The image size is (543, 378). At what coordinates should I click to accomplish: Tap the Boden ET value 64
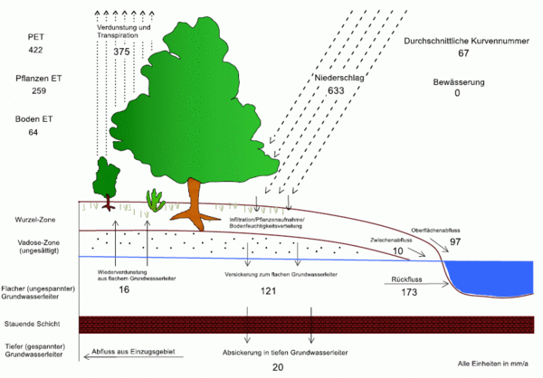[33, 133]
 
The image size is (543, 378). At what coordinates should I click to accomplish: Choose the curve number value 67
[463, 54]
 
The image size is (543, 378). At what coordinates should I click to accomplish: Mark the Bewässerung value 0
[457, 93]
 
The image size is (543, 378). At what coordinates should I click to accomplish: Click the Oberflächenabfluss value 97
[455, 243]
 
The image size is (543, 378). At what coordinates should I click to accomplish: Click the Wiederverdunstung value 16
[124, 289]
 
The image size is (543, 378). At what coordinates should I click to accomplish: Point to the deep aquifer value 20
[278, 367]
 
